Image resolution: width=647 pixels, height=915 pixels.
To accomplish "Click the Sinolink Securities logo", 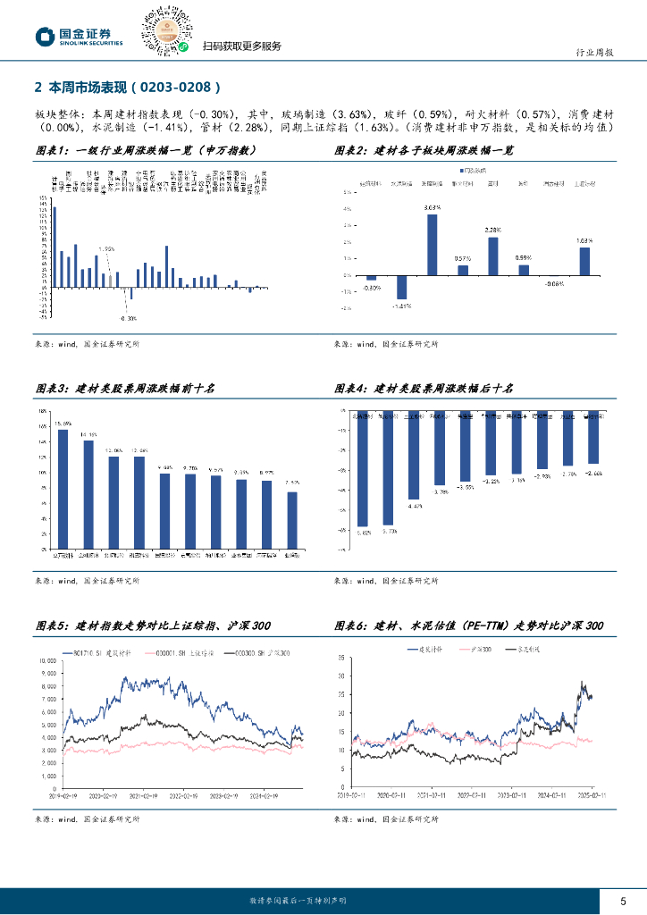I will coord(78,37).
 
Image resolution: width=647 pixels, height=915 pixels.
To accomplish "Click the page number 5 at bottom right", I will coord(624,900).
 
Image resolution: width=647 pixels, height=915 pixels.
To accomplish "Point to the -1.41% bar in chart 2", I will coord(402,286).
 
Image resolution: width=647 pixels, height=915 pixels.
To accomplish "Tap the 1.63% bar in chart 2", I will coord(584,260).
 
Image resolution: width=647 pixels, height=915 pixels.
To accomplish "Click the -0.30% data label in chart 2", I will coord(372,289).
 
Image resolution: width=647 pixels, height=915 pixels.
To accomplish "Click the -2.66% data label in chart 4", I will coord(594,473).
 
